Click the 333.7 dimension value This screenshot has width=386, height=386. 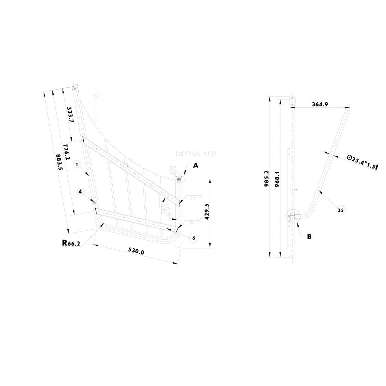click(69, 114)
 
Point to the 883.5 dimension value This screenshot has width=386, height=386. click(58, 162)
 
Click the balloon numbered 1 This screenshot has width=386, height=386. click(77, 164)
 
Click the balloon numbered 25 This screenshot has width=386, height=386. click(340, 210)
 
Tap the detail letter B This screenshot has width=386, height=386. click(309, 237)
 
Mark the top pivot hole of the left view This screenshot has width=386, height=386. click(75, 89)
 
